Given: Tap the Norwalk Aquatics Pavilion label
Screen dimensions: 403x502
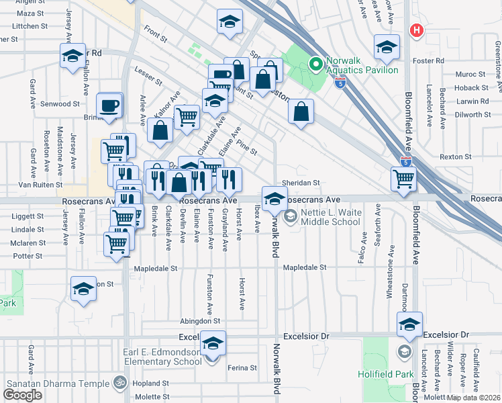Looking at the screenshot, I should coord(362,64).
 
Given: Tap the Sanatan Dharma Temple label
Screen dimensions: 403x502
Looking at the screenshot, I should coord(57,384).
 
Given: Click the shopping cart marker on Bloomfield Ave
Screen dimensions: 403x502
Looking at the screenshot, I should coord(404,179).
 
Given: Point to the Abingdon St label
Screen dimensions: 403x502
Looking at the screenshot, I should coord(199,321).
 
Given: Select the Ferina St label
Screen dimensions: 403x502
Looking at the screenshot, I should coord(242,368).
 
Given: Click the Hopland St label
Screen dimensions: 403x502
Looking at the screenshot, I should coord(150,382).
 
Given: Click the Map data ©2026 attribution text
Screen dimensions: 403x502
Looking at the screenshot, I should coord(474,398).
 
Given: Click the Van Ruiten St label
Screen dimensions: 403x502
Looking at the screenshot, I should coord(40,184).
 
